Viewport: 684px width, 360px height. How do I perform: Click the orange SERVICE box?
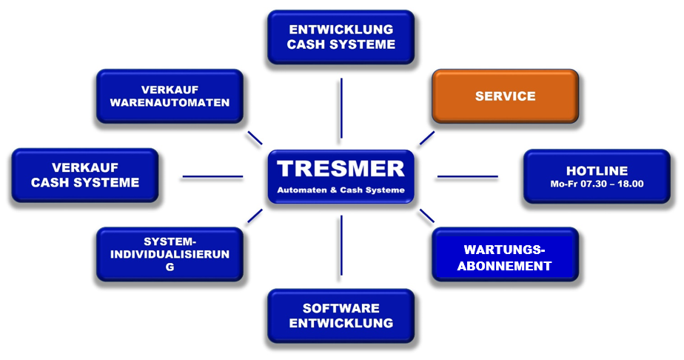[x=505, y=96]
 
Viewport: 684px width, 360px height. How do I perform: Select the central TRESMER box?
[x=341, y=177]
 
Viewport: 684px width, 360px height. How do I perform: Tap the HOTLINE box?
[x=597, y=176]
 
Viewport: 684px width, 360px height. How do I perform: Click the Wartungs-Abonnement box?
[x=505, y=254]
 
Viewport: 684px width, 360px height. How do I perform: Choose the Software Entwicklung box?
[x=341, y=316]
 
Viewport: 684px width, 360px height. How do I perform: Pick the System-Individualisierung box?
[x=170, y=254]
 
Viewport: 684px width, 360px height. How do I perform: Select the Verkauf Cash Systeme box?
[x=85, y=176]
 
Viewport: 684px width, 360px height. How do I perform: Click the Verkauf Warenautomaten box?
[x=170, y=96]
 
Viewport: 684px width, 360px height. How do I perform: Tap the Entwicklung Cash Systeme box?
[x=341, y=37]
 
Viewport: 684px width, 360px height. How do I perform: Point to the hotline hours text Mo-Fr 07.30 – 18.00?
[x=597, y=184]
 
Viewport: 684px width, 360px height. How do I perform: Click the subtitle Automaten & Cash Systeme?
[x=341, y=190]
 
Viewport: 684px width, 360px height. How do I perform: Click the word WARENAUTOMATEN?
[x=170, y=102]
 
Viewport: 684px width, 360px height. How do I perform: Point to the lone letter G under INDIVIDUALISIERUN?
[x=170, y=267]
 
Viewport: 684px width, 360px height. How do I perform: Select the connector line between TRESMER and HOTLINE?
[x=468, y=177]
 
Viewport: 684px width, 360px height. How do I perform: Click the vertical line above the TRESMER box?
[x=341, y=108]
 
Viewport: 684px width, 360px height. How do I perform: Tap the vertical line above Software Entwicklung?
[x=341, y=245]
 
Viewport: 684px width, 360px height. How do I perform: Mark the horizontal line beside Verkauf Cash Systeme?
[x=212, y=177]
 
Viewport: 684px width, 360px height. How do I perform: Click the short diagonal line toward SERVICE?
[x=427, y=138]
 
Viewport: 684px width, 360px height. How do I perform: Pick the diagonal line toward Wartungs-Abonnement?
[x=427, y=216]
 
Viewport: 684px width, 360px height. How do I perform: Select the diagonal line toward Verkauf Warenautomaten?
[x=255, y=138]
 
